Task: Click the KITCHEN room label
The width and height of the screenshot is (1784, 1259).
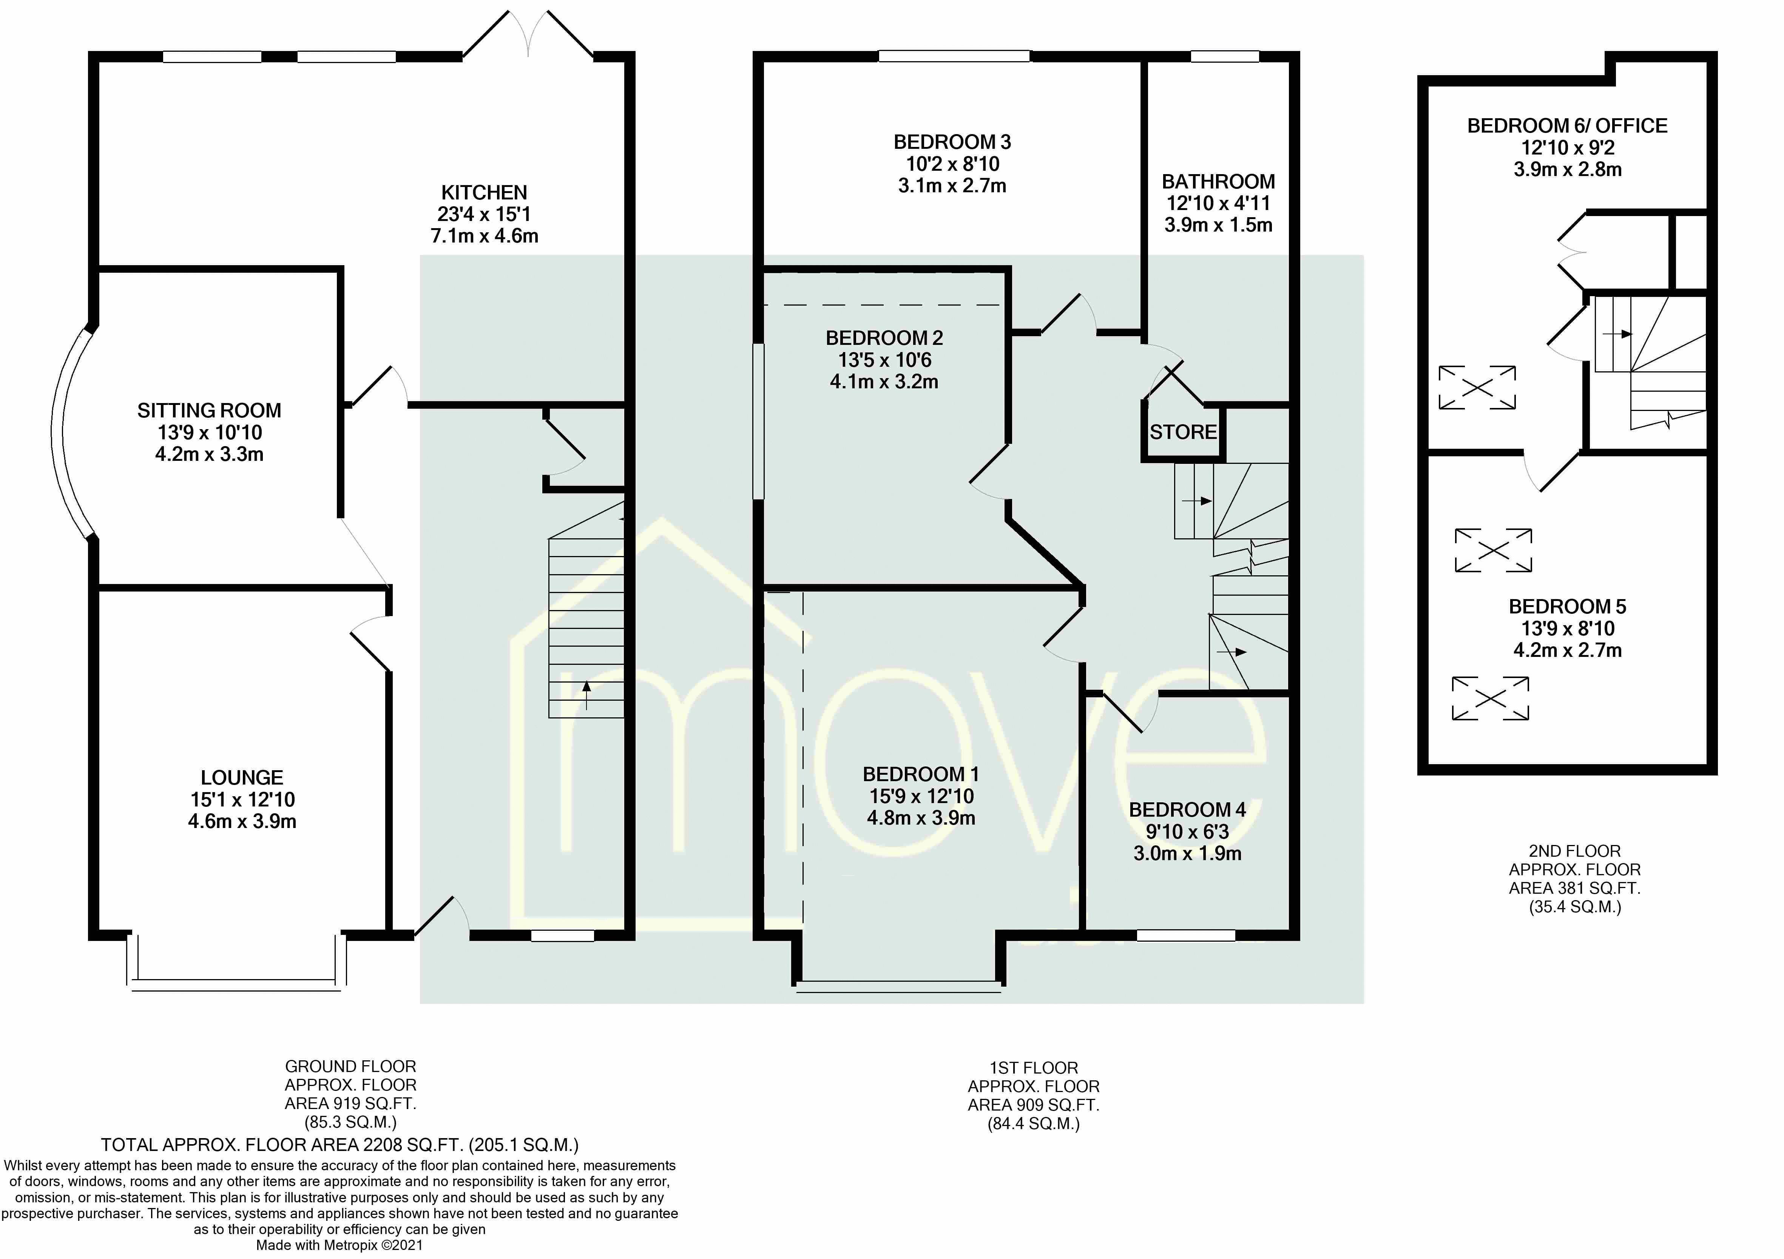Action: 484,193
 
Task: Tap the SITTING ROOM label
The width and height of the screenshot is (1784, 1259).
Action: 209,410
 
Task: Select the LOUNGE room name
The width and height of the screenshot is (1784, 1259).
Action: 242,777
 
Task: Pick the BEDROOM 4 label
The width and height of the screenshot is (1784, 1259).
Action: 1187,810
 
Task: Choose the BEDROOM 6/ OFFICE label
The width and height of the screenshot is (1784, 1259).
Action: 1567,126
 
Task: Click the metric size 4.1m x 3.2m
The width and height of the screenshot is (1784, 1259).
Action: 884,382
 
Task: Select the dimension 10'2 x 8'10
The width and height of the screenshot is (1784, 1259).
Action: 952,164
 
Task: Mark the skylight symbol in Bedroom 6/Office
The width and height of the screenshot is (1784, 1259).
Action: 1477,387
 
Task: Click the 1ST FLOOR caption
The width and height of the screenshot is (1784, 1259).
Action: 1033,1068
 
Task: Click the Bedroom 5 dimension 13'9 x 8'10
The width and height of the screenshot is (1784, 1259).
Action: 1567,629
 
